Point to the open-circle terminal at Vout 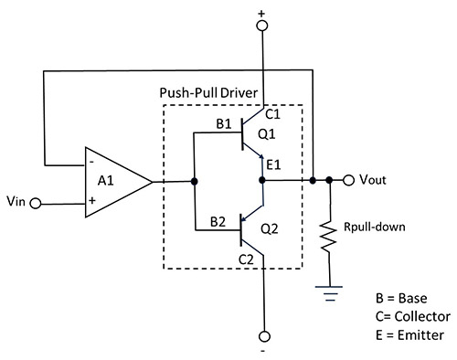pyautogui.click(x=347, y=181)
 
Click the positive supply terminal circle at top pyautogui.click(x=263, y=26)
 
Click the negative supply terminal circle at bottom pyautogui.click(x=263, y=335)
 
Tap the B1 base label pyautogui.click(x=223, y=122)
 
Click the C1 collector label pyautogui.click(x=272, y=114)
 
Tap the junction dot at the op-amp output pyautogui.click(x=195, y=181)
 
